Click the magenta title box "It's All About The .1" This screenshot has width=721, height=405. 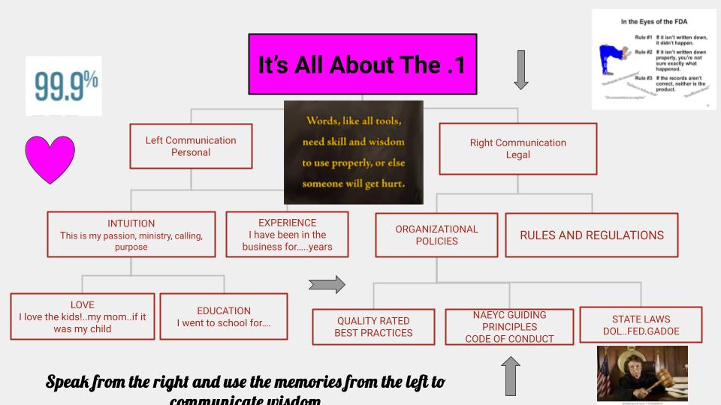point(361,64)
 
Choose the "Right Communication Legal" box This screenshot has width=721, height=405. point(517,148)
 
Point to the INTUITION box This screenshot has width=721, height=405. point(131,235)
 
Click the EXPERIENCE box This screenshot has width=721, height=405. point(287,235)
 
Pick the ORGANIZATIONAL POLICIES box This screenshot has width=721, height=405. point(436,235)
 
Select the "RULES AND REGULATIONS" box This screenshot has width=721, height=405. point(592,235)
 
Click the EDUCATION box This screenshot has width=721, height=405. point(224,316)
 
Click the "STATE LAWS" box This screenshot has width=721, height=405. point(641,325)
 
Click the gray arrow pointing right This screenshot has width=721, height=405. point(327,284)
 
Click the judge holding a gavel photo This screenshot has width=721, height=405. point(642,373)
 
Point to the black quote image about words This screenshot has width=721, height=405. point(353,153)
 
